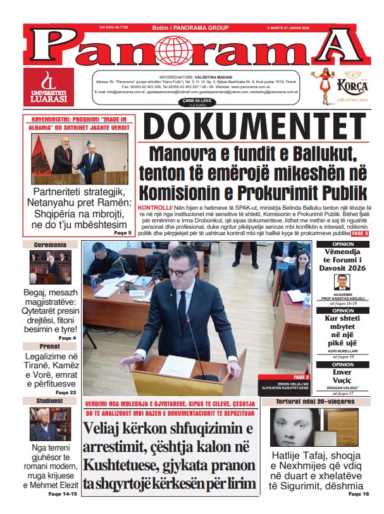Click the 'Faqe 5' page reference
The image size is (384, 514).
(x=122, y=233)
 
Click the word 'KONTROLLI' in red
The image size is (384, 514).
(x=154, y=208)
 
